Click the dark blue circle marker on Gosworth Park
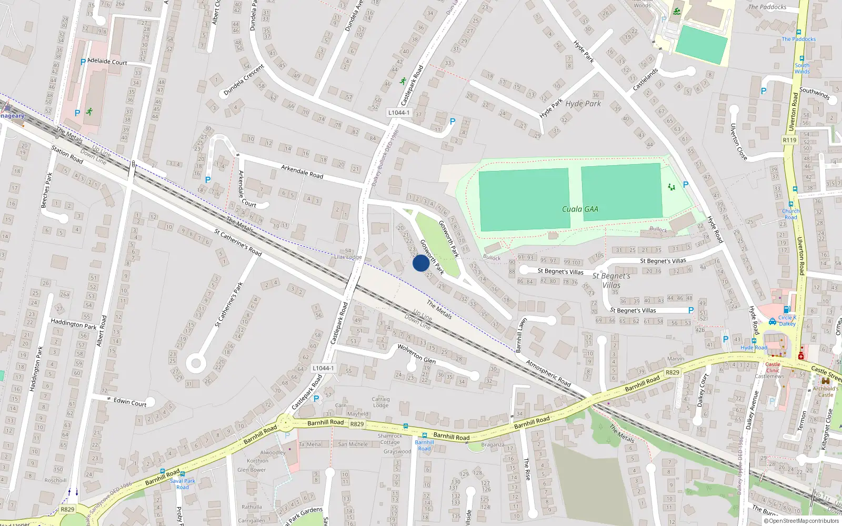(x=420, y=263)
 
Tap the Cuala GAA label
(x=580, y=209)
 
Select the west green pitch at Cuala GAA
(x=524, y=199)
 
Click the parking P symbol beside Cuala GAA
(x=685, y=185)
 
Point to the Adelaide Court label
(x=107, y=62)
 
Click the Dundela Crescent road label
(x=244, y=80)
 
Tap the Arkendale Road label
(x=302, y=171)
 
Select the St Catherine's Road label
(x=238, y=242)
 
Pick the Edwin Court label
(x=130, y=402)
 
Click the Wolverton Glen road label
(x=416, y=353)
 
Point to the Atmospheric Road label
(x=548, y=373)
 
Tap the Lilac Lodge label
(x=348, y=257)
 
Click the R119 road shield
(x=789, y=140)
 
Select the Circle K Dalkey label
(x=787, y=320)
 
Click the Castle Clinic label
(x=773, y=367)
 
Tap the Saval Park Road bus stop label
(x=182, y=484)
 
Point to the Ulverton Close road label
(x=738, y=142)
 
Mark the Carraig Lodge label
(x=380, y=402)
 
